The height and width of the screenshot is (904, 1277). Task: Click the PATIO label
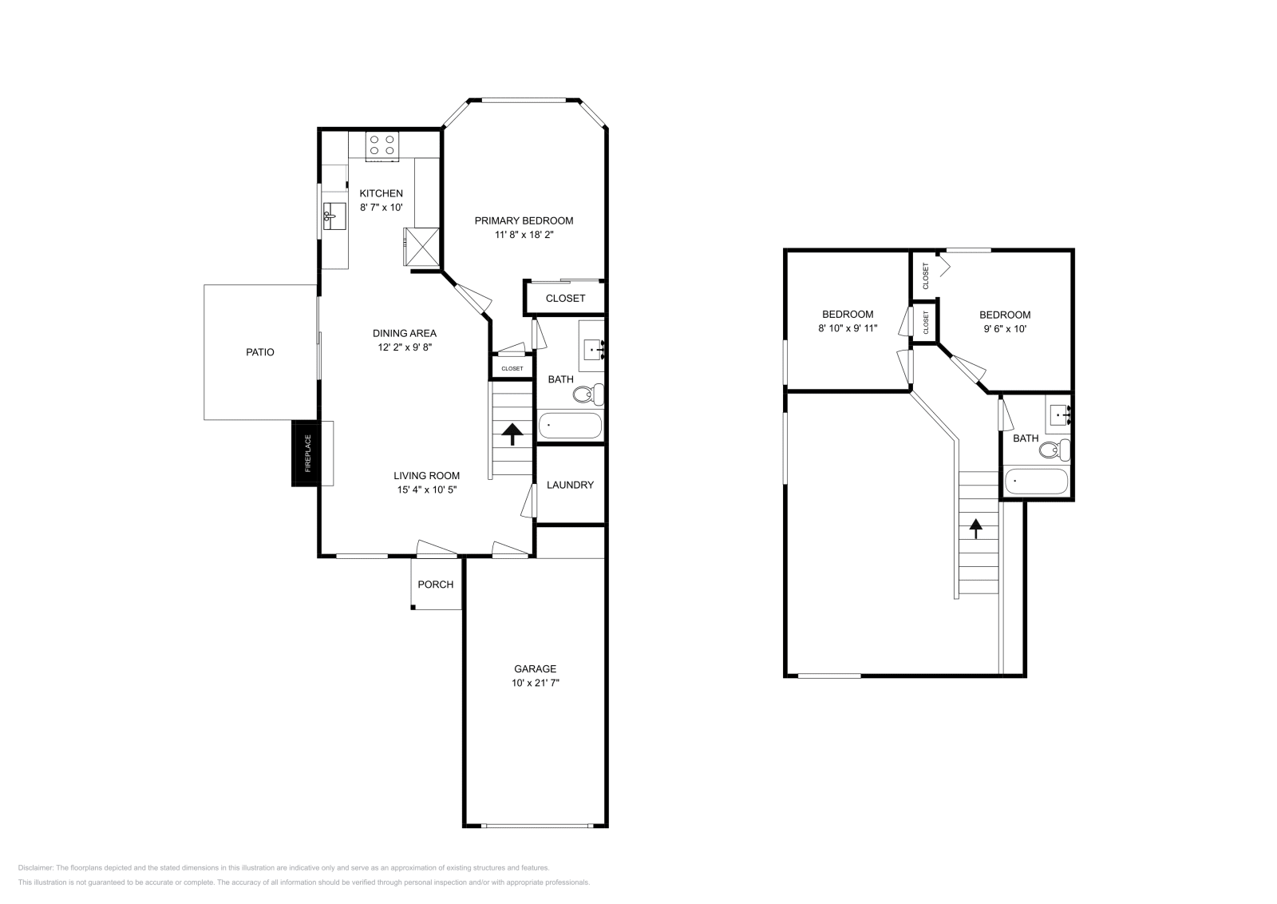(x=260, y=352)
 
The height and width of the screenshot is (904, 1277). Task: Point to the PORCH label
(x=436, y=585)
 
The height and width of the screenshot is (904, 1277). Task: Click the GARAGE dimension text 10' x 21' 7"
(x=535, y=683)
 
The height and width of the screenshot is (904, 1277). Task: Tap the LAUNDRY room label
(x=570, y=485)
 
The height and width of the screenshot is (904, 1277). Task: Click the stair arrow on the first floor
(x=512, y=434)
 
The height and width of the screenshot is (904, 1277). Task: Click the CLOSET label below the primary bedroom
(x=565, y=298)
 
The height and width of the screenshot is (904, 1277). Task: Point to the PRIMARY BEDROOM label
(x=524, y=221)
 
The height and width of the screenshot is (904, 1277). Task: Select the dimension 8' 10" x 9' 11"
(x=848, y=328)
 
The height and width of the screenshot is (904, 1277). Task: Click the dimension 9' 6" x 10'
(x=1005, y=328)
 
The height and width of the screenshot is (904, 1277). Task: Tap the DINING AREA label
(x=405, y=334)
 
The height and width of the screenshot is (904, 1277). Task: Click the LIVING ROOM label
(x=426, y=476)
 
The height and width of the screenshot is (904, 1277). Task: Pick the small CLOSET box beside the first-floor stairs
(x=512, y=368)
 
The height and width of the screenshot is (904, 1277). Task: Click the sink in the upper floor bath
(x=1059, y=414)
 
